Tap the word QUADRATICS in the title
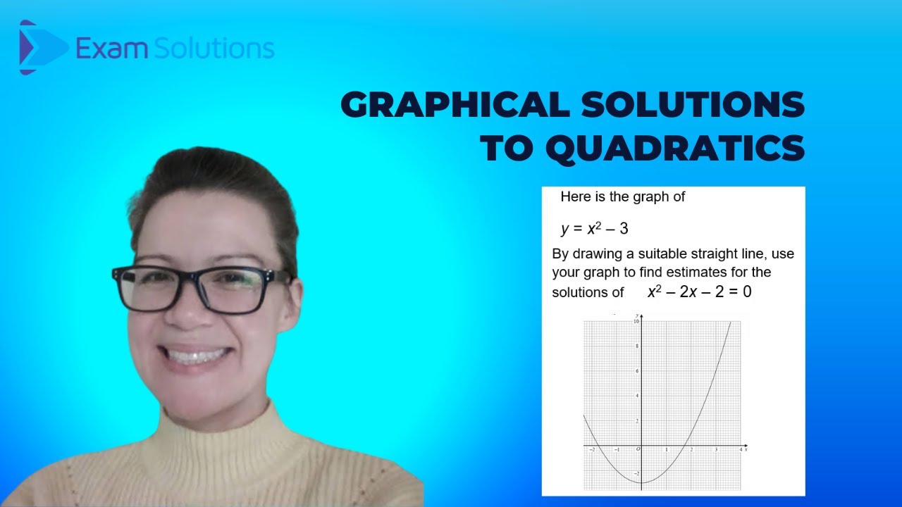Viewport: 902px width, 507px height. [x=675, y=149]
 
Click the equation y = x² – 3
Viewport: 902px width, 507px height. [x=594, y=229]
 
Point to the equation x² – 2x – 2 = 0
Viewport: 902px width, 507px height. [x=699, y=292]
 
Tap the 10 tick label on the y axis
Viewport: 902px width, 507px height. [x=636, y=321]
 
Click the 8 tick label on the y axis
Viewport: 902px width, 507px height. [x=638, y=346]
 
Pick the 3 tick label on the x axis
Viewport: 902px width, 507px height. [x=716, y=449]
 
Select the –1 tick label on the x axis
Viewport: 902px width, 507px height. [x=617, y=449]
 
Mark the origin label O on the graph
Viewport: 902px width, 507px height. [x=638, y=449]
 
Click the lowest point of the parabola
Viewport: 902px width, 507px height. [x=642, y=482]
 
